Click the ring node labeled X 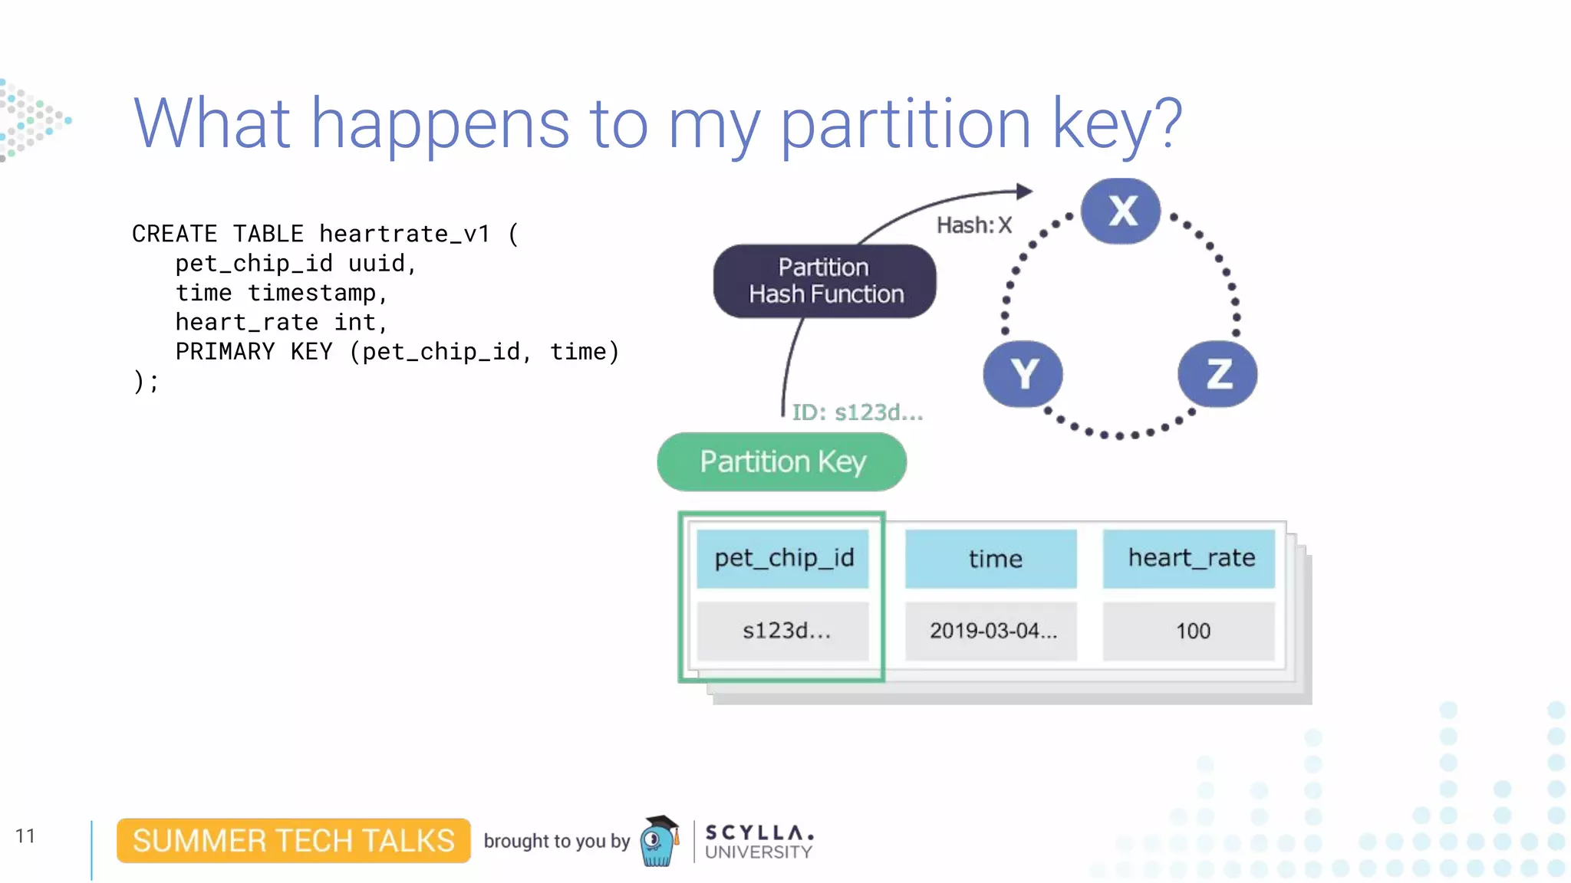click(x=1121, y=211)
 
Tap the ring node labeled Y click(x=1023, y=374)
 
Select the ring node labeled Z click(x=1217, y=374)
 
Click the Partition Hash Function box click(x=825, y=281)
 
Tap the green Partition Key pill click(x=782, y=461)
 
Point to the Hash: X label click(x=974, y=225)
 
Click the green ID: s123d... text click(x=857, y=412)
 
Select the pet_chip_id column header click(x=783, y=558)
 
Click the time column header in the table click(x=992, y=558)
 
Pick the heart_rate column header click(x=1190, y=558)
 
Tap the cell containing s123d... click(x=783, y=631)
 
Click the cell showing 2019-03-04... click(x=992, y=631)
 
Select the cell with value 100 click(x=1190, y=631)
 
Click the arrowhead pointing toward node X click(x=1024, y=191)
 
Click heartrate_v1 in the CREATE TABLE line click(x=404, y=234)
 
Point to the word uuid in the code click(x=377, y=264)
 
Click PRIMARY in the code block click(x=225, y=352)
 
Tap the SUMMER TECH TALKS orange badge click(x=293, y=841)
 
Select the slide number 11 click(x=25, y=835)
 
